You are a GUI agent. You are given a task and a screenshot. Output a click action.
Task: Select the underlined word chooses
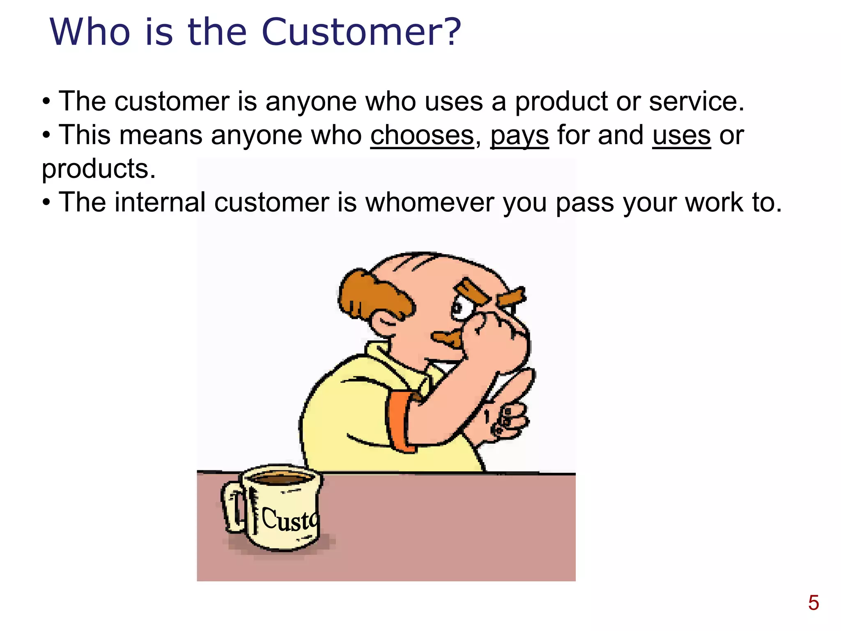click(x=422, y=136)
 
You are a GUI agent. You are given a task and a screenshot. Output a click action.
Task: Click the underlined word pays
click(x=519, y=136)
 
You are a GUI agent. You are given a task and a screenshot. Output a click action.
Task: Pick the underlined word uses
click(x=681, y=136)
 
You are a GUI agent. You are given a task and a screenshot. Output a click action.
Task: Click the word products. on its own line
click(x=99, y=169)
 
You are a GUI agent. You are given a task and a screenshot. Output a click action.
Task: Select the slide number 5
click(x=813, y=603)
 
